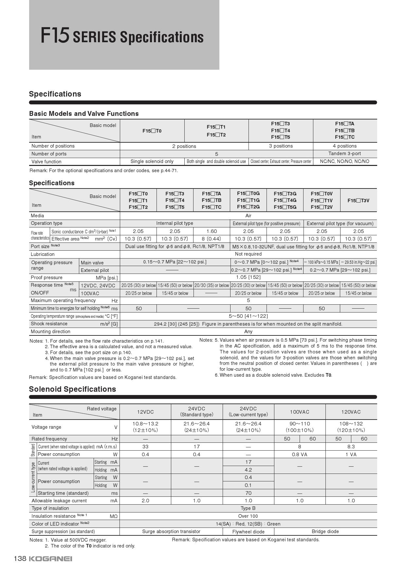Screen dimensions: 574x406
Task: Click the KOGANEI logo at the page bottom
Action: click(51, 559)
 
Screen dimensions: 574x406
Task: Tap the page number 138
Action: click(20, 559)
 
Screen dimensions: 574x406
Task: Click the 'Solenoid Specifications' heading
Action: click(72, 389)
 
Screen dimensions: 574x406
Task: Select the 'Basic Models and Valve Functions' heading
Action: click(84, 114)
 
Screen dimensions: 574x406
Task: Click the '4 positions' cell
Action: click(345, 146)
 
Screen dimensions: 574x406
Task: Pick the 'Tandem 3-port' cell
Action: click(345, 153)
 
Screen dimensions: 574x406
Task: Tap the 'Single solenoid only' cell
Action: click(152, 161)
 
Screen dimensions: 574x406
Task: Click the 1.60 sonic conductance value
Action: click(212, 231)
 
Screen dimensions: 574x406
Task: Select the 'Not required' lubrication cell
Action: click(248, 254)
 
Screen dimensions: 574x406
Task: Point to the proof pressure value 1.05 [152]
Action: click(248, 277)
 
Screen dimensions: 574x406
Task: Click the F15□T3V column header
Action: click(358, 200)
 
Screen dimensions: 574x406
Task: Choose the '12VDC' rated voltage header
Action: click(145, 412)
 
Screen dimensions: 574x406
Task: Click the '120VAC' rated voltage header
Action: click(351, 412)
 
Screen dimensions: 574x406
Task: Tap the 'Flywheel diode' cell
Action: click(248, 532)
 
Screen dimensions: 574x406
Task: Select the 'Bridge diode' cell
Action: click(325, 531)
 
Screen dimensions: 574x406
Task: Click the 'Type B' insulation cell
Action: click(248, 508)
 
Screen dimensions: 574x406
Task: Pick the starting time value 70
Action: click(248, 493)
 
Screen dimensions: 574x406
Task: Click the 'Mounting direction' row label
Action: click(50, 332)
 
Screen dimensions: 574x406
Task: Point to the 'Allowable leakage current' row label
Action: click(59, 501)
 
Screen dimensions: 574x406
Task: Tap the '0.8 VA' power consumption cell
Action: click(300, 455)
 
